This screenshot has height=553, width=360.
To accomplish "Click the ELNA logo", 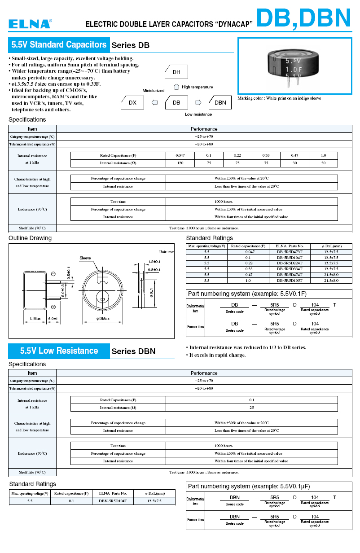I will click(x=30, y=24).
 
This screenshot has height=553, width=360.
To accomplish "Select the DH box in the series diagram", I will click(x=176, y=72).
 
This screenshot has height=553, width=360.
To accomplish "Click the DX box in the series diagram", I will click(x=132, y=102).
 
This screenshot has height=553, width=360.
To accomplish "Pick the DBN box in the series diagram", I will click(x=220, y=102).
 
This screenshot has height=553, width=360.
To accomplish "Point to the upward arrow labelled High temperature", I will click(x=176, y=87).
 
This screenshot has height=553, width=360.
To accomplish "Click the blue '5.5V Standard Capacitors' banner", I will click(x=59, y=45).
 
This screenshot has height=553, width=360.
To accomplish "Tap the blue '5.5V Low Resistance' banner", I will click(x=59, y=351).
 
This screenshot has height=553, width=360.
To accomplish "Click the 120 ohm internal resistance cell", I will click(x=180, y=163).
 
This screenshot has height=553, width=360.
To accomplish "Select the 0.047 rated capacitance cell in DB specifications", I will click(x=180, y=155).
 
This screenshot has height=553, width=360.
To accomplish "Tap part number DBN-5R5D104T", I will click(x=113, y=500).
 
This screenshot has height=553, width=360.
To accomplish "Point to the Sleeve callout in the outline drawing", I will click(x=85, y=258).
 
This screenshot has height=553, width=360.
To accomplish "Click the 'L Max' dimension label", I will click(x=35, y=319).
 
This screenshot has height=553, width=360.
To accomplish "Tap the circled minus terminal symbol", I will click(x=53, y=274).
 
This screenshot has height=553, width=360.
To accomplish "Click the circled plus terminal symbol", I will click(x=53, y=307).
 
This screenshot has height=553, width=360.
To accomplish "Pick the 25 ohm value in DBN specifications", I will click(x=251, y=408).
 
